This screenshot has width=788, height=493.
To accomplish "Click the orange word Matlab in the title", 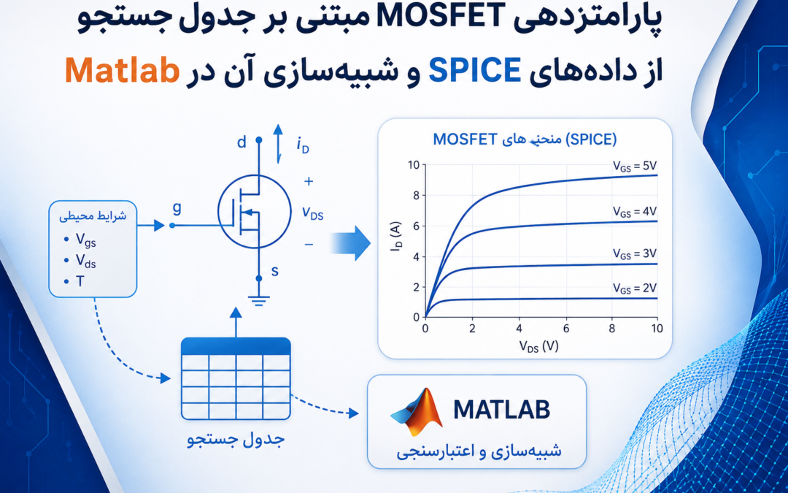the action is tap(123, 71).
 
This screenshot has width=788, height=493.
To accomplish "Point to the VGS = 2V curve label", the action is tap(635, 288).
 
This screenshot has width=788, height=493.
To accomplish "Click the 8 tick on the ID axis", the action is tap(415, 195).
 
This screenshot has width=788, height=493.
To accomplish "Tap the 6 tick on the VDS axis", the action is tap(565, 329).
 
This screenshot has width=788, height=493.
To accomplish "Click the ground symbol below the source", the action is tap(259, 299).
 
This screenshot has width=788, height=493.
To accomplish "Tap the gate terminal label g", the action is tap(177, 208).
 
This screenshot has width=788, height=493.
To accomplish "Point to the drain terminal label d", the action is tap(242, 143).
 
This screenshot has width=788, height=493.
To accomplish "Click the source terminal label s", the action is tap(275, 272).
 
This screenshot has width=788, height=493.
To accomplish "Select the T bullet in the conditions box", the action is tap(80, 281).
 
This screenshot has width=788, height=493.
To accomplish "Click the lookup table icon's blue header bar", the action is tap(235, 347).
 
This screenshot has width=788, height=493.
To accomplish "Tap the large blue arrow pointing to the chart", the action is tap(351, 243).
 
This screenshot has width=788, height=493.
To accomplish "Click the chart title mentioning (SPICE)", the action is tap(525, 140).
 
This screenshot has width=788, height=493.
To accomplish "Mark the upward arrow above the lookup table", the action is tap(235, 323).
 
